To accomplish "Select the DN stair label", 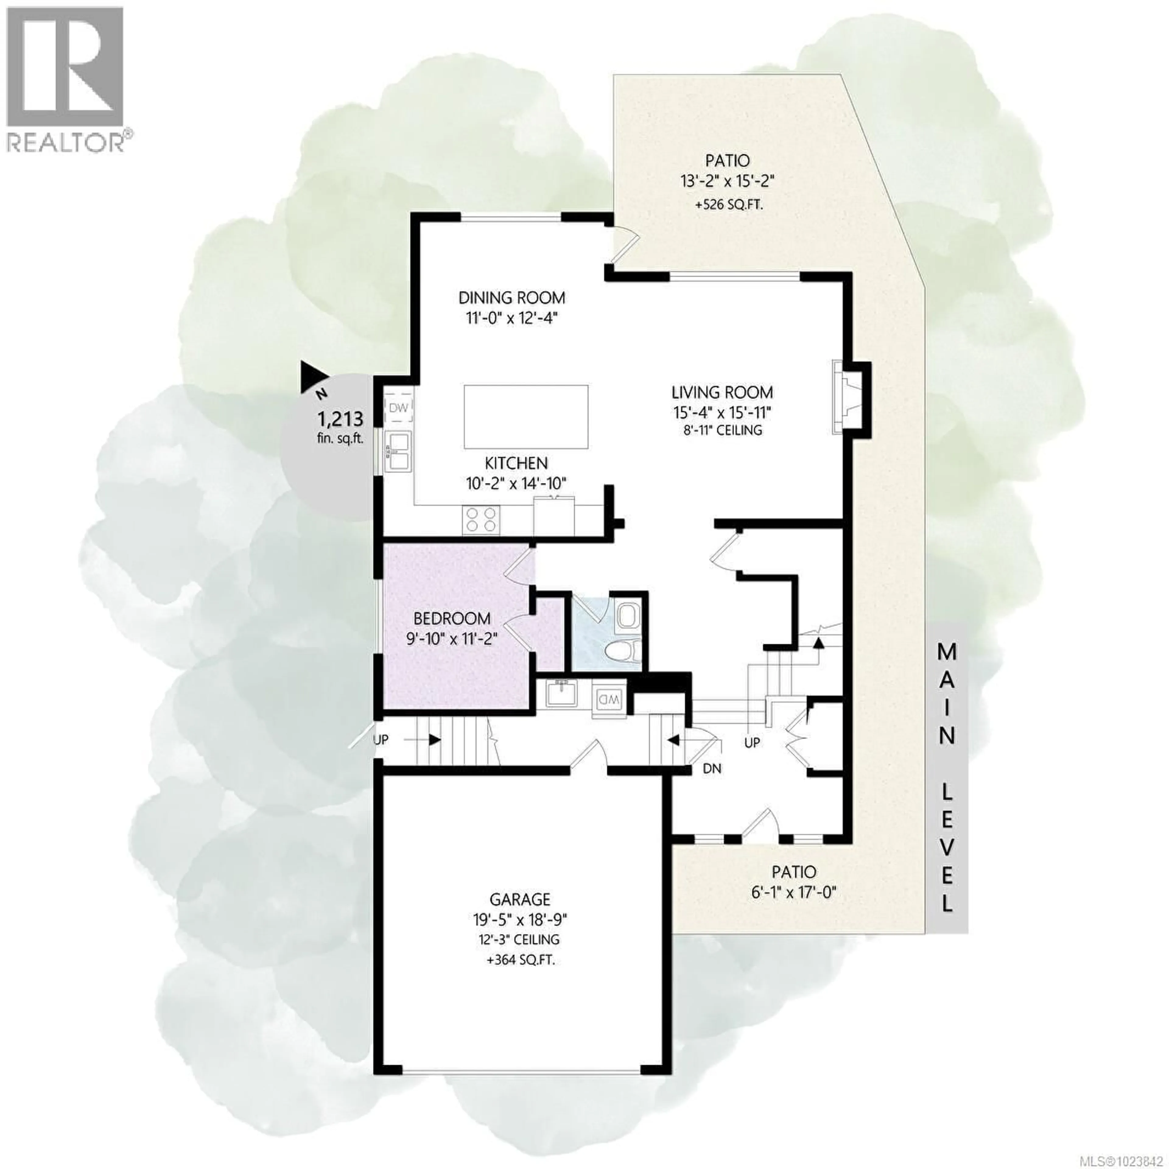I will click(x=712, y=769).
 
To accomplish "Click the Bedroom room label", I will click(x=452, y=618).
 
